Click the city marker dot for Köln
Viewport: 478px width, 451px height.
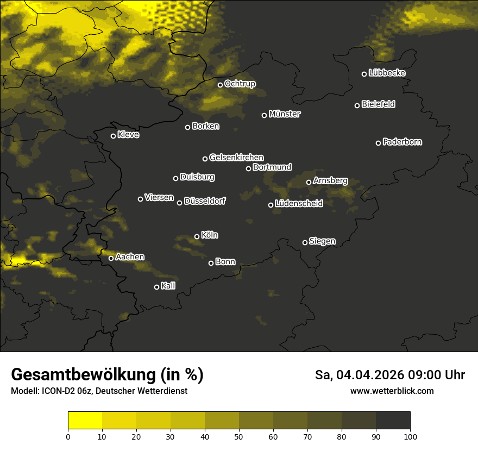[197, 236]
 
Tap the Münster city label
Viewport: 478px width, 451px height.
[284, 114]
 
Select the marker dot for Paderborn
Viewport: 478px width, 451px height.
[378, 143]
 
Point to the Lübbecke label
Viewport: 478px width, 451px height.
[387, 73]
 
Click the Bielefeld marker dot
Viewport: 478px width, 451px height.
[357, 105]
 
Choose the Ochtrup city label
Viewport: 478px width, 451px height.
[240, 84]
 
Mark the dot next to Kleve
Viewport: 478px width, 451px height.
[113, 136]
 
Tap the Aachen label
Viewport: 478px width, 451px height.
[130, 256]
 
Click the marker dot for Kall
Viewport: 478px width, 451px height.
[156, 287]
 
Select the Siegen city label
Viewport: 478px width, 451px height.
[322, 241]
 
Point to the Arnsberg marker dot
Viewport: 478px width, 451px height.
[309, 182]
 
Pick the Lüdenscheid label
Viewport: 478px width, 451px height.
[299, 204]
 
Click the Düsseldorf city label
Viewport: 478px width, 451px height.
[205, 201]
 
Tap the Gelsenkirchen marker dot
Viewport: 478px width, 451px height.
[205, 159]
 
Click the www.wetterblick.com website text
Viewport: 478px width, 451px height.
[392, 391]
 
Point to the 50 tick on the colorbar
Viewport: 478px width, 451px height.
[239, 436]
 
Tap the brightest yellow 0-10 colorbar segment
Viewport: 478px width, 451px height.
[85, 421]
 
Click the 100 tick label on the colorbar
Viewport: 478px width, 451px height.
[410, 436]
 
